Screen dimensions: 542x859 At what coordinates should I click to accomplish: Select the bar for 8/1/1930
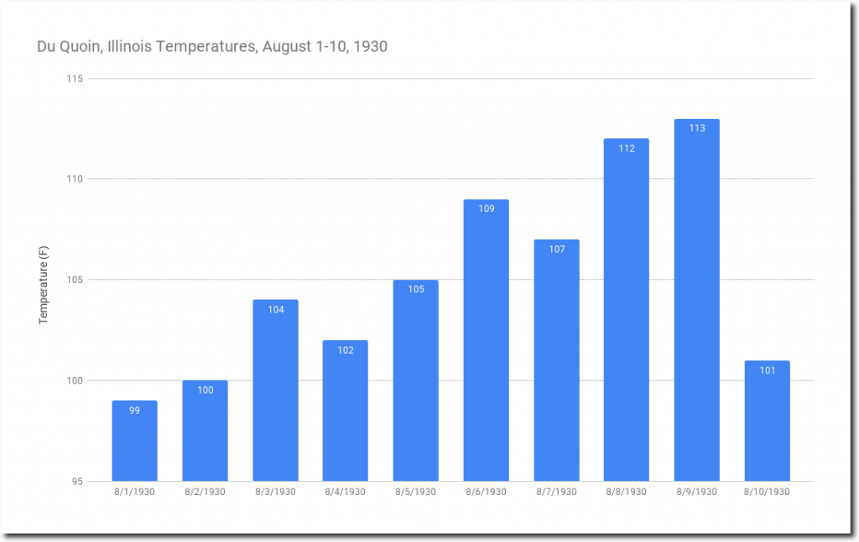point(134,441)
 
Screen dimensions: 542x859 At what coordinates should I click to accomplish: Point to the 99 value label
point(134,410)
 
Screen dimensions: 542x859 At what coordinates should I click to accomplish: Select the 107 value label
point(556,249)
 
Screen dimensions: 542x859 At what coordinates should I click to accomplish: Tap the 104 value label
point(276,309)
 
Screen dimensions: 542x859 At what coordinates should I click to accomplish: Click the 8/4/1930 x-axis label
point(345,492)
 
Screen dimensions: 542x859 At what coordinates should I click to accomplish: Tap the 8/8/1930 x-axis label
point(626,492)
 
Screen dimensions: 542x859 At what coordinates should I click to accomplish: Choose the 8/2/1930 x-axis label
point(205,492)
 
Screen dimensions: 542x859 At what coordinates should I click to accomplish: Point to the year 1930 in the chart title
point(370,46)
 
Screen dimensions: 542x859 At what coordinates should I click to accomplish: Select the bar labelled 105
point(416,381)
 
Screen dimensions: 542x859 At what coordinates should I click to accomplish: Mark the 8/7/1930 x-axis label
point(556,492)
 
